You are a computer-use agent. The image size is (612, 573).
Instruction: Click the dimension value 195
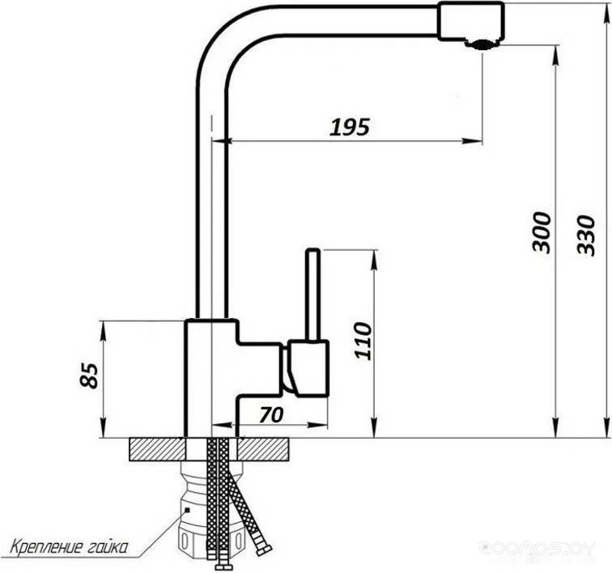click(350, 127)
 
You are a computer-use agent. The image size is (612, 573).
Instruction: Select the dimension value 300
click(542, 232)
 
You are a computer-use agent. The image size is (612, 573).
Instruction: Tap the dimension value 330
click(586, 236)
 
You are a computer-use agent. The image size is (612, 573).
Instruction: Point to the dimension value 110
click(363, 341)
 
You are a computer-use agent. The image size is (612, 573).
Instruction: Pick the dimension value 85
click(89, 376)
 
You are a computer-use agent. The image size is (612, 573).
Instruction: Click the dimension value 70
click(271, 414)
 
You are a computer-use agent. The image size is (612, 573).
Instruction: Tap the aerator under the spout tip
click(480, 45)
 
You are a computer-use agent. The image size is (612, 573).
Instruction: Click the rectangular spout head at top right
click(470, 21)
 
